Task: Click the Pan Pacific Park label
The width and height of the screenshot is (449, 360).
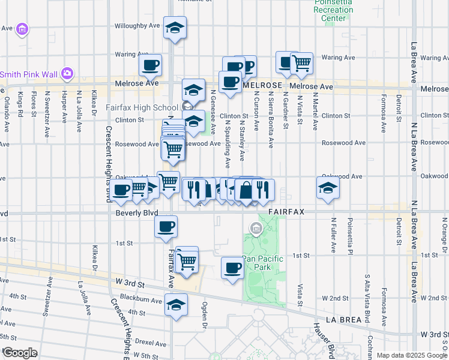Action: click(261, 263)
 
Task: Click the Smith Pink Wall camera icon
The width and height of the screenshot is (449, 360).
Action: click(67, 73)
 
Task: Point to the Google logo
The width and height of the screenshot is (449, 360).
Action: click(19, 353)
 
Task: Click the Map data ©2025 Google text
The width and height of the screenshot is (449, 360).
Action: click(412, 355)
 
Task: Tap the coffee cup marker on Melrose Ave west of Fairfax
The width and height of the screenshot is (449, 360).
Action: click(150, 65)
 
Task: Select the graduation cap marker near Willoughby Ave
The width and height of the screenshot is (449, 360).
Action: click(175, 27)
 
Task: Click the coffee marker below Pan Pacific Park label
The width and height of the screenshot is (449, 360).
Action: click(232, 268)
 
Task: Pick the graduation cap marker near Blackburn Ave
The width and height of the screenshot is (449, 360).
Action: click(175, 305)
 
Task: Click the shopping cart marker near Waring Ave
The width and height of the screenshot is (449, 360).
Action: click(301, 63)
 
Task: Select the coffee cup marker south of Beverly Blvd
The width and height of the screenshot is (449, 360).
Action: click(166, 227)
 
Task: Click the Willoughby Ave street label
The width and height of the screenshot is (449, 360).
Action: click(138, 26)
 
